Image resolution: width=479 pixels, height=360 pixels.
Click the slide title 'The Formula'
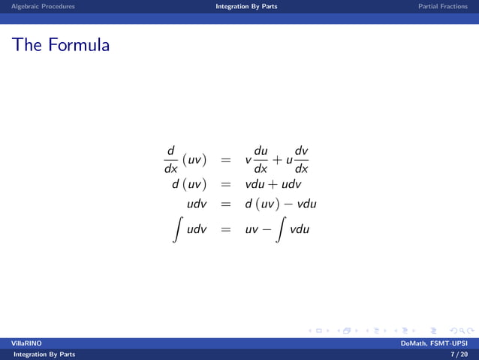61,46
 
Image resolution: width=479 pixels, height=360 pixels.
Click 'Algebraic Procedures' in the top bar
43,6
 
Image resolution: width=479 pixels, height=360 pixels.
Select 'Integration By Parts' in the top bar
246,6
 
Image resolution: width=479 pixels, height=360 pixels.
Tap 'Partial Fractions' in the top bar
443,6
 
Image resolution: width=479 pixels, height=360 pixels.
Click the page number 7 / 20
459,354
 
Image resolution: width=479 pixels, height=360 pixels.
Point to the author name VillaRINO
26,343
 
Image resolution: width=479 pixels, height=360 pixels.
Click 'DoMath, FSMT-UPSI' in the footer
435,343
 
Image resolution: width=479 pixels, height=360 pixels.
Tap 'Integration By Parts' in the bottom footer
39,354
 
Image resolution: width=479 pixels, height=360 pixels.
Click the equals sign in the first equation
225,160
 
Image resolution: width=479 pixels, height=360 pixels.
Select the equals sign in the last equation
225,229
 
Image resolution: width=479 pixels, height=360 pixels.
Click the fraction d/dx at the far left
170,159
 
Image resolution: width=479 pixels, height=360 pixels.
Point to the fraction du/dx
261,159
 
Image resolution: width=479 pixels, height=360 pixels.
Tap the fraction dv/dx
301,159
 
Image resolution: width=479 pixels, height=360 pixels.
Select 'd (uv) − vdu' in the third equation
280,204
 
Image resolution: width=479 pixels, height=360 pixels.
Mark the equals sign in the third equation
225,204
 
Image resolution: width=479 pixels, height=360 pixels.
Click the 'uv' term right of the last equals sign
251,229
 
